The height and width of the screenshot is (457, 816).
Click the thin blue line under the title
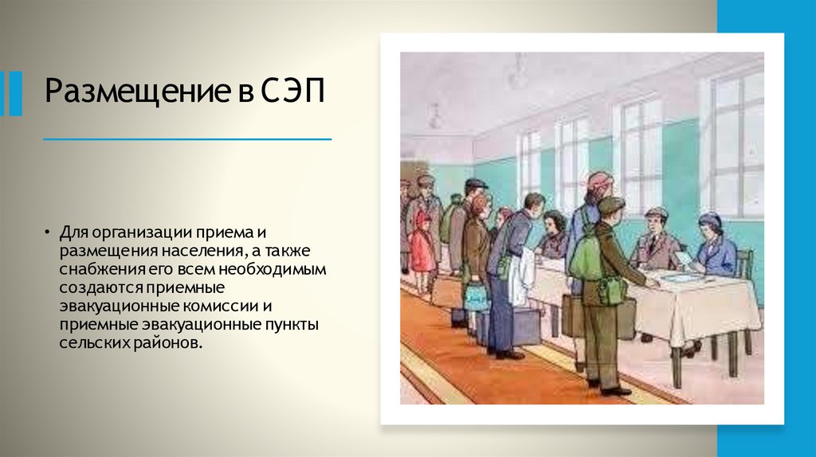point(187,139)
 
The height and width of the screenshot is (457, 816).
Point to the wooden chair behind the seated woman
point(744,263)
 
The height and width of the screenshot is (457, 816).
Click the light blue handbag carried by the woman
point(476,296)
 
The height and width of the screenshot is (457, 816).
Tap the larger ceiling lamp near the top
point(518,72)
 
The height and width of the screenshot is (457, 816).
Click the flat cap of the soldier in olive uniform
point(611,205)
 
